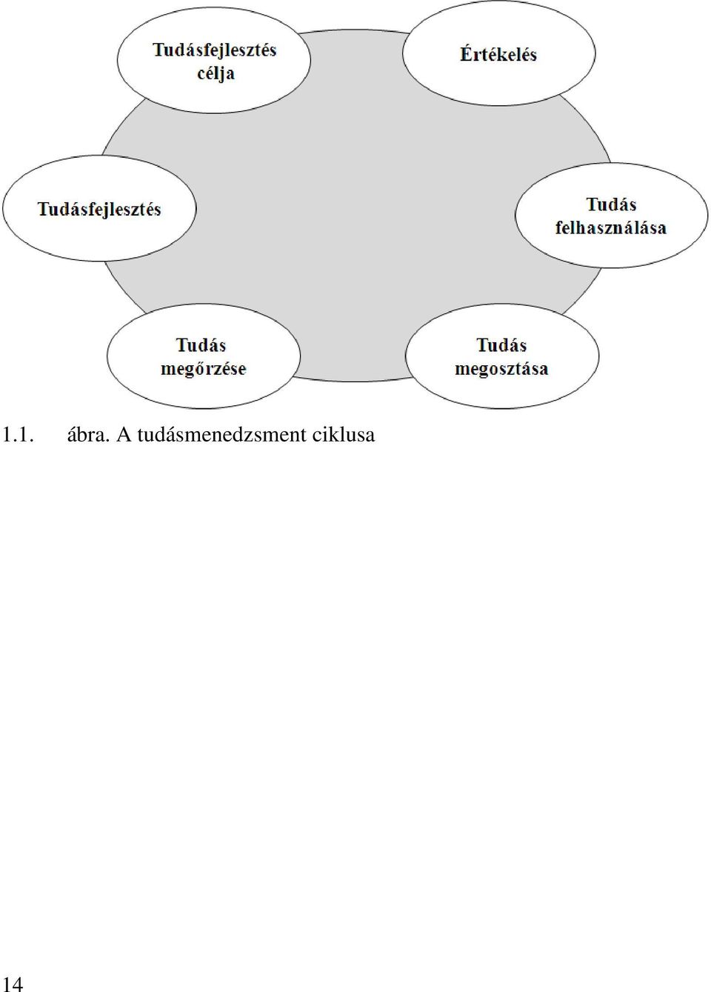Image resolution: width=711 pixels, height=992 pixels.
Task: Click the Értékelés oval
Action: (499, 53)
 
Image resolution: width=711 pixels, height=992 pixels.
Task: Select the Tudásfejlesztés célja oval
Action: (214, 60)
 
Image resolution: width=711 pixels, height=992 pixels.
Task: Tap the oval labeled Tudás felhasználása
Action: (612, 216)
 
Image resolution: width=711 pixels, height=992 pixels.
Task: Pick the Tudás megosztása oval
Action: (502, 356)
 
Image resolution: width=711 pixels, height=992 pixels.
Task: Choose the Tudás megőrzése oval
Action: (204, 356)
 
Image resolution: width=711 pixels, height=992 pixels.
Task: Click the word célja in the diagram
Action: (216, 73)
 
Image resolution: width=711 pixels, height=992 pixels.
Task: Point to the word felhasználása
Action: (611, 227)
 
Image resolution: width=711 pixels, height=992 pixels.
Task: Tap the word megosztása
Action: (501, 369)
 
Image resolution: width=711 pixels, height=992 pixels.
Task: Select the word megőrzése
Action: (203, 369)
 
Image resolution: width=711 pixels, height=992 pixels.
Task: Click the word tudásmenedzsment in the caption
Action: (221, 435)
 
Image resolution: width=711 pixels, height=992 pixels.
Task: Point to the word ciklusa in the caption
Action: (344, 435)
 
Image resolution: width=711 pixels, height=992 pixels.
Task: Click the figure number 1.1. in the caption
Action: (18, 436)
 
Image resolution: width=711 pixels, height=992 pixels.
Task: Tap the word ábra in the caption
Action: (87, 435)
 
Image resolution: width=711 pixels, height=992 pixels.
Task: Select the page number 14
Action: (12, 982)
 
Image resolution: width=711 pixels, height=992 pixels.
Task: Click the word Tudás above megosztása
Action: (501, 345)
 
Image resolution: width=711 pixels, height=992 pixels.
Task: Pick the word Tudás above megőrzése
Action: (201, 345)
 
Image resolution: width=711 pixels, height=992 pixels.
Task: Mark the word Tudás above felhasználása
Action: (612, 204)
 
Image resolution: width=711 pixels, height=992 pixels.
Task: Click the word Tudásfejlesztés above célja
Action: (215, 50)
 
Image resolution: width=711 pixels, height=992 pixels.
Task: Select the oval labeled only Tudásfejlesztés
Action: (99, 208)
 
